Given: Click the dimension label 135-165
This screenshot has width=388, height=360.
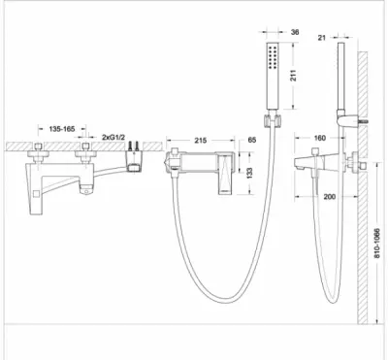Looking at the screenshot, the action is click(x=62, y=129).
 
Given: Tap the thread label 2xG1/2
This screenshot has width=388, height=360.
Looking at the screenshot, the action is click(x=113, y=137).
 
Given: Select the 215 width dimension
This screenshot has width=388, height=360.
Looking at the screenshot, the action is click(x=201, y=141).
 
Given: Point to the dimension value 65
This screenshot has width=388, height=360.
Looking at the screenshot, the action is click(x=251, y=140).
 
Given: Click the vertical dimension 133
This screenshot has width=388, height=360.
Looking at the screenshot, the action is click(x=249, y=174).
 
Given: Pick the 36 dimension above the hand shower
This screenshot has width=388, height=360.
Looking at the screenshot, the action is click(x=295, y=32).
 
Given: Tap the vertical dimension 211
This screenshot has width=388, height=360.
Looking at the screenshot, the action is click(x=294, y=76).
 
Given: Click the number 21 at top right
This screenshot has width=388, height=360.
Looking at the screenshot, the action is click(x=321, y=38).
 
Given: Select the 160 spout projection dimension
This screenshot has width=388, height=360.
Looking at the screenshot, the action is click(x=320, y=138).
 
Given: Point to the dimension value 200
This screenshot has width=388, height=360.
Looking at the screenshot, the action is click(x=330, y=196).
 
